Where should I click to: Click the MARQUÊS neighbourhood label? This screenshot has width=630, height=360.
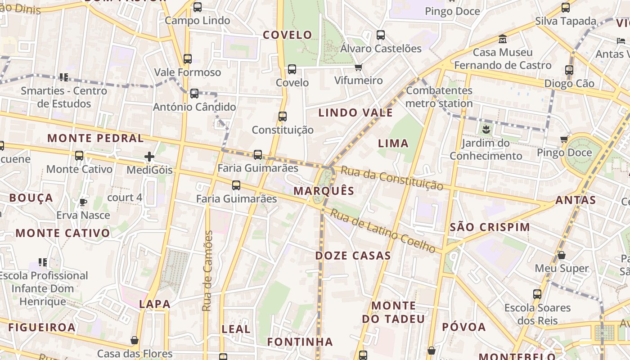pos(324,191)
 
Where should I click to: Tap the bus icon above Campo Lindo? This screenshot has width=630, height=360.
pos(198,7)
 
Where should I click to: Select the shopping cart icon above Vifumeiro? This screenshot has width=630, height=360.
pos(358,67)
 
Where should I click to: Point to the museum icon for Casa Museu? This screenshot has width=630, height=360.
pos(503,39)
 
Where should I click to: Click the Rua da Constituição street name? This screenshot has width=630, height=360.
pos(391,178)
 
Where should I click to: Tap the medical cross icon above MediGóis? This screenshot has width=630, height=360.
pos(149,157)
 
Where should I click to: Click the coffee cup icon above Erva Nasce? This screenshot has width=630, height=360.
pos(83,202)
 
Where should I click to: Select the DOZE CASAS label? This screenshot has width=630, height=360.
pos(353,256)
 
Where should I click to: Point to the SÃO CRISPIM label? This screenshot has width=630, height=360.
pos(490,227)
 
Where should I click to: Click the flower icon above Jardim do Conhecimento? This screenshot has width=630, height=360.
pos(486,130)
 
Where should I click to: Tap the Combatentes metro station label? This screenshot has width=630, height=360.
pos(439,97)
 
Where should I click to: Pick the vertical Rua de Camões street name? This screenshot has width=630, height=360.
pos(207,271)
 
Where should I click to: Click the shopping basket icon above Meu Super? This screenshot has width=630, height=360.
pos(562,255)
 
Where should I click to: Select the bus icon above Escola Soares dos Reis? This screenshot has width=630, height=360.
pos(537,294)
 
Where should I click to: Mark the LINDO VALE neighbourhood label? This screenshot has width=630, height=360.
pos(355,112)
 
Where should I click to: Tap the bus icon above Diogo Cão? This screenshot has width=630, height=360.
pos(569,70)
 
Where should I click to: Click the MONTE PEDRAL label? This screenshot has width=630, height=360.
pos(95,138)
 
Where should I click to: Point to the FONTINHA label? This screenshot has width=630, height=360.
pos(300,342)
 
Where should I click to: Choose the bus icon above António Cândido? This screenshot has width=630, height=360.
pos(194,94)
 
